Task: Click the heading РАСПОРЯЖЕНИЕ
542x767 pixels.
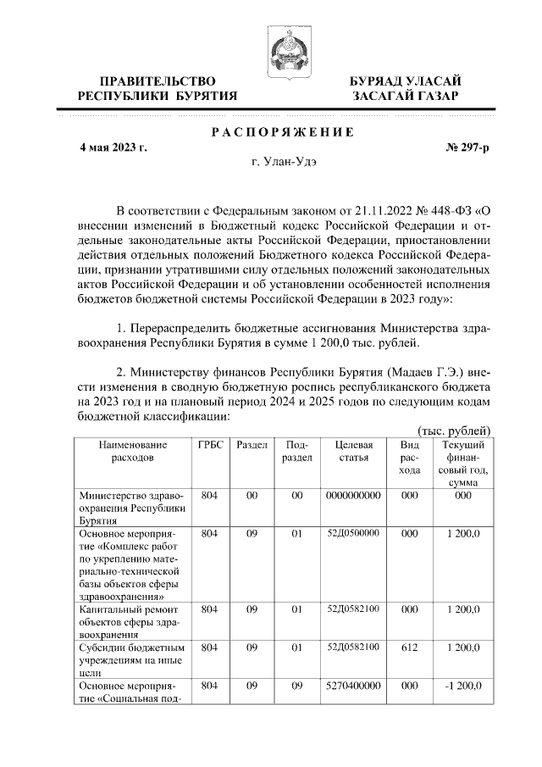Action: click(282, 131)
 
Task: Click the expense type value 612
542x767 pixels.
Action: click(409, 648)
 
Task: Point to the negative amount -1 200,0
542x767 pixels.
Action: click(463, 685)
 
